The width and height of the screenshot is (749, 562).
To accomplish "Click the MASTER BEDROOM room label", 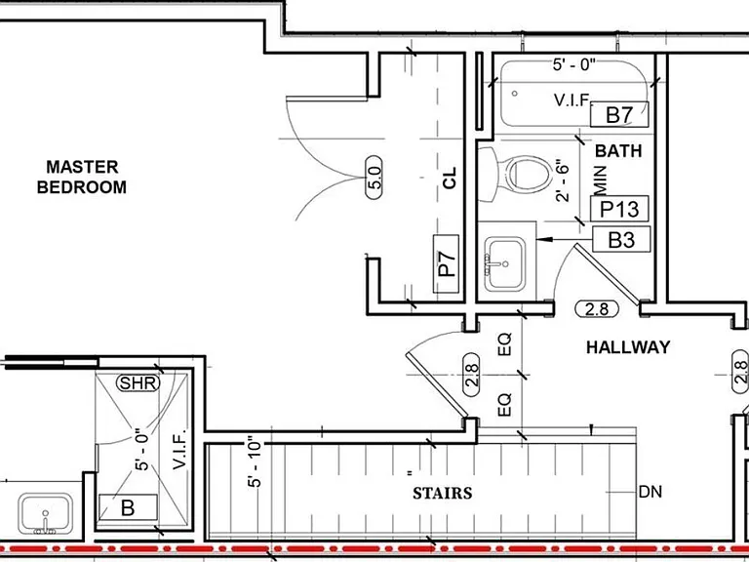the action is coord(82,177).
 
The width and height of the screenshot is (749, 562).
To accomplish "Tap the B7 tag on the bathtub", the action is coord(619,115).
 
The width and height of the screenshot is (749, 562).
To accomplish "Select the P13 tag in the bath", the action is coord(619,209).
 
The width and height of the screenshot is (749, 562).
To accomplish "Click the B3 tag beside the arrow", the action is coord(621,239).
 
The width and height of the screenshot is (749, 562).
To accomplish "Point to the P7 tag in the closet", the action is coord(446,263).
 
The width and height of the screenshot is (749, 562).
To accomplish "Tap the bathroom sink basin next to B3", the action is coord(505,263).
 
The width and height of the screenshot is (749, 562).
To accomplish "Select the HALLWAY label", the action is coord(628,347).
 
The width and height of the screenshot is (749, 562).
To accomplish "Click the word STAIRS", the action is coord(443,493).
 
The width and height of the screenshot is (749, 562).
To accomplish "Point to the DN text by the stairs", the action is coord(650,492).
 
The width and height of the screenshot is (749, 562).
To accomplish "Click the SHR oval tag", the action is coord(138,382).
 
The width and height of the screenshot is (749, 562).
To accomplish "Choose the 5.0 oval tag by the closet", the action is coord(375,178).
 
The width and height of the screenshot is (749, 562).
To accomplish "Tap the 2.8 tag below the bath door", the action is coord(597,309).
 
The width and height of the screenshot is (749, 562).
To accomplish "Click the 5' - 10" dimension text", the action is coord(256,462).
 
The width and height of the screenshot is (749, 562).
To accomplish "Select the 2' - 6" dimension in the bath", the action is coord(563,182).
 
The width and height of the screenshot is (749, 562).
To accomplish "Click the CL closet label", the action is coord(450,178).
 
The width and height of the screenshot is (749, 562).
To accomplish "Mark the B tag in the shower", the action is coord(128,507).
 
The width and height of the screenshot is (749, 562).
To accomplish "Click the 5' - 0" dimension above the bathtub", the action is coord(575,64).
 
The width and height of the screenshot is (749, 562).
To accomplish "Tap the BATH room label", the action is coord(618,151).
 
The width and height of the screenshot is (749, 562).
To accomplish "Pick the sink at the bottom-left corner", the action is coord(46,514).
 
